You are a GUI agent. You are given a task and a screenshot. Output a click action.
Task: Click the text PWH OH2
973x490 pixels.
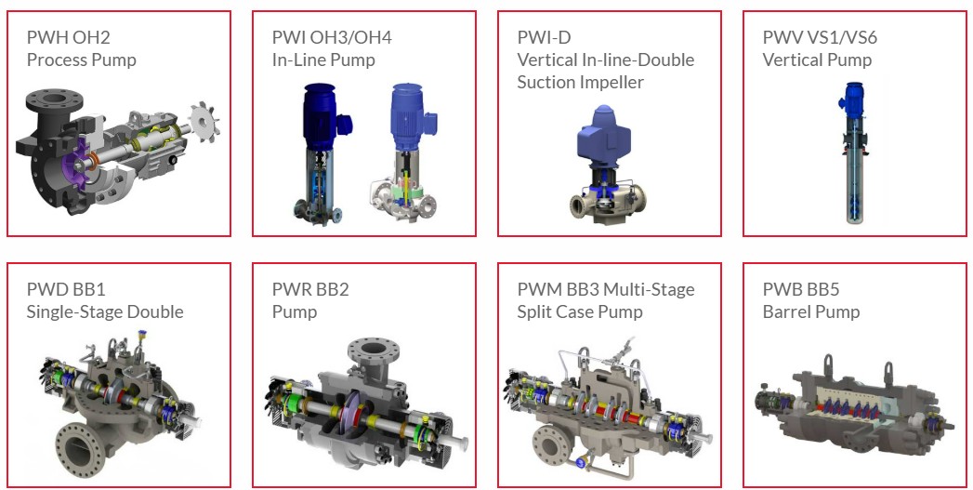[68, 37]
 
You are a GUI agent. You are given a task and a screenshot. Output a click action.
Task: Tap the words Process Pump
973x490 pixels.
[81, 60]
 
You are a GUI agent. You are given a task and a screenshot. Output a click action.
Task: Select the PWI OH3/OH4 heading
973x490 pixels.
[332, 37]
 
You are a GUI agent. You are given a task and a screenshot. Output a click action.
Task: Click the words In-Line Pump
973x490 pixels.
[323, 60]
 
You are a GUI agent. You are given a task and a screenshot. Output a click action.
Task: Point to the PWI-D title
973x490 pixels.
[544, 37]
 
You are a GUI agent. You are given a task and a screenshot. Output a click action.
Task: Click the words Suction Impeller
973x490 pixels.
[580, 82]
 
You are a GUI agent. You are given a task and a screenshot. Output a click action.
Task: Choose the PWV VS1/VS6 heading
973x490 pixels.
[820, 37]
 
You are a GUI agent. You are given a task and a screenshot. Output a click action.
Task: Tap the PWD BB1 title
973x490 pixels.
[66, 289]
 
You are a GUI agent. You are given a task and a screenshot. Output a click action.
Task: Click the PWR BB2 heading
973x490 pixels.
[310, 289]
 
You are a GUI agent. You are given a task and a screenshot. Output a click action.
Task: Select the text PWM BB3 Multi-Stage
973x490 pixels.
[606, 289]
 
